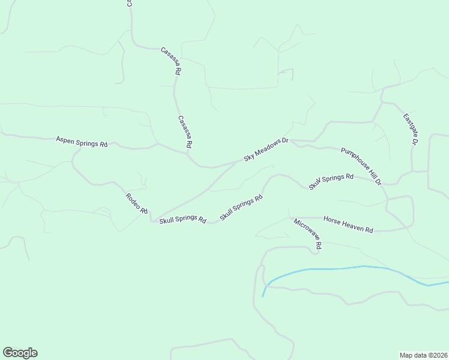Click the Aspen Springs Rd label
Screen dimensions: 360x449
click(82, 142)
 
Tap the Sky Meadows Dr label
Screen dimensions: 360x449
click(266, 150)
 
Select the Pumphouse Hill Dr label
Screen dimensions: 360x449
click(361, 166)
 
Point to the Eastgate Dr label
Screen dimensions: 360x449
click(411, 129)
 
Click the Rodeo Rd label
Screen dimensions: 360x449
click(136, 203)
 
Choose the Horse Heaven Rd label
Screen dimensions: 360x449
click(348, 224)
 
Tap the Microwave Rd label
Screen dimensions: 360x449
click(308, 234)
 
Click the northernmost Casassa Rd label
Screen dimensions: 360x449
click(170, 61)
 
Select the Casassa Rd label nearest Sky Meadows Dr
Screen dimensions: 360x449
click(185, 132)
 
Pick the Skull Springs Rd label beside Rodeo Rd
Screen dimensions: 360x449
click(182, 219)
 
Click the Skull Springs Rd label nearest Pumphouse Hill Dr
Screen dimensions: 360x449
click(331, 181)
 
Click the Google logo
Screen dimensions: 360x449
click(20, 353)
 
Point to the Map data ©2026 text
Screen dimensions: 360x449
click(423, 355)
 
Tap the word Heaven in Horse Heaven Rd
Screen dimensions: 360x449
click(351, 224)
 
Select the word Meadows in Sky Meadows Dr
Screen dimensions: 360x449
click(267, 149)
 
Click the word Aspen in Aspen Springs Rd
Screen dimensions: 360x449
click(65, 140)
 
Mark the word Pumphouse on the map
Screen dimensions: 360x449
click(354, 158)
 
